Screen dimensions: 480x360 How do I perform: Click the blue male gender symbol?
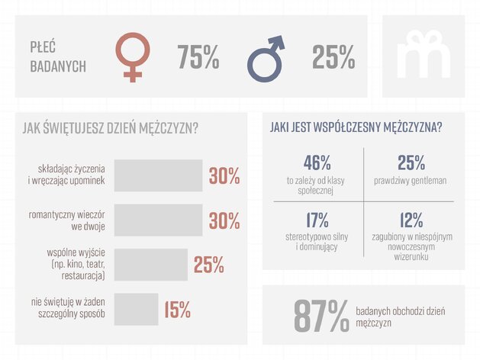click(260, 69)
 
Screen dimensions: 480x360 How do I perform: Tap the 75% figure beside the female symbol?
click(198, 56)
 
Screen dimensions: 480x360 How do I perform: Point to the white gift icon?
click(424, 54)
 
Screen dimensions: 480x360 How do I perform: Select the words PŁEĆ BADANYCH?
click(58, 57)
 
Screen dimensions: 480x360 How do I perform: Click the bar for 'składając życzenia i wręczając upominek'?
click(158, 175)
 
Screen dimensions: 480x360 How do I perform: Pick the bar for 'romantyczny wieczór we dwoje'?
click(158, 220)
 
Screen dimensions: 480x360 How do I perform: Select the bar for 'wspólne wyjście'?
click(151, 265)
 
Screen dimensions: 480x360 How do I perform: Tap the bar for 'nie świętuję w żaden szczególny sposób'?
click(137, 309)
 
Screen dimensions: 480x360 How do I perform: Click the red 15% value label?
click(178, 310)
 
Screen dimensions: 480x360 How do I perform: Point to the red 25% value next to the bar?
click(209, 265)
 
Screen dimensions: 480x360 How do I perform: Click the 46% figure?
click(317, 162)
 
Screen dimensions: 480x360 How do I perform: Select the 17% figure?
click(317, 220)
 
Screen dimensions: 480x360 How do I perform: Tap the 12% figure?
click(411, 220)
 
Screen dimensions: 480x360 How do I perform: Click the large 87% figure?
click(321, 316)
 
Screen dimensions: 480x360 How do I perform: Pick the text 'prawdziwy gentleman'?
click(411, 181)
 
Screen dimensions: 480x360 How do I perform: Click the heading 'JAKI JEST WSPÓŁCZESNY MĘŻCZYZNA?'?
click(356, 127)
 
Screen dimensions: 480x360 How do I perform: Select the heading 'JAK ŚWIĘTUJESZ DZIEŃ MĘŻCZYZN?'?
click(110, 128)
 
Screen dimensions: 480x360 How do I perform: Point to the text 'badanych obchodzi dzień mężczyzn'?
click(401, 317)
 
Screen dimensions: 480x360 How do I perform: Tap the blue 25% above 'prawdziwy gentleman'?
click(411, 162)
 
